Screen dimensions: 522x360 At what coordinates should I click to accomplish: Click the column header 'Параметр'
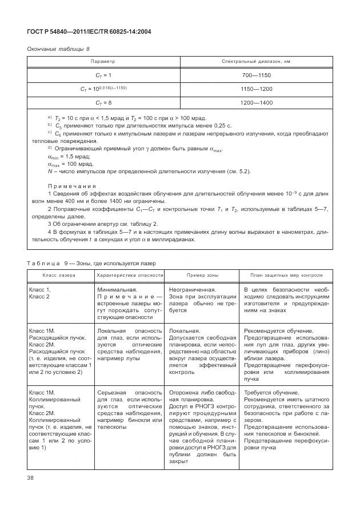(103, 61)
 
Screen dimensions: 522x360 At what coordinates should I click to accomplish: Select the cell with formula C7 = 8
(103, 103)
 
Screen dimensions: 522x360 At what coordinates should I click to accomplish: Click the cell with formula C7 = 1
(103, 75)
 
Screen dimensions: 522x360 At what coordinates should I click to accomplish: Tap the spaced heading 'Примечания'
(71, 186)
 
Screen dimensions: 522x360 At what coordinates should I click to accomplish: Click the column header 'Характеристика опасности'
(130, 275)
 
